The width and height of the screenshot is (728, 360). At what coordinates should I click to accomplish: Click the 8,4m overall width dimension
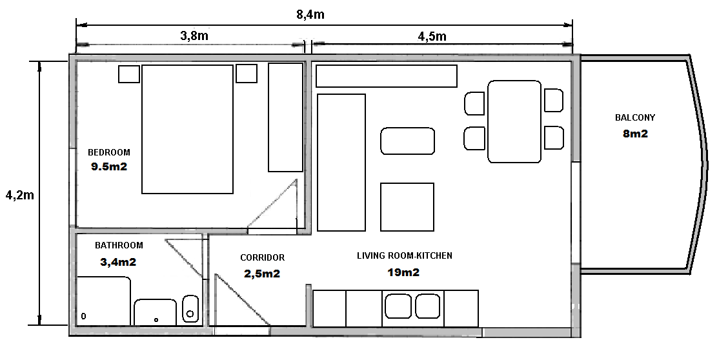pos(310,14)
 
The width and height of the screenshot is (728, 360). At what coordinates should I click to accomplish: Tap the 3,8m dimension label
pos(194,36)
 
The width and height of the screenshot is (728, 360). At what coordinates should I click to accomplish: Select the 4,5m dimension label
pos(432,37)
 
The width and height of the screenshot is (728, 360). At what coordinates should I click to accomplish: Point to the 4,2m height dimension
pos(19,195)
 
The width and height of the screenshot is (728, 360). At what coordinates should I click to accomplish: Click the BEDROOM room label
pos(109,152)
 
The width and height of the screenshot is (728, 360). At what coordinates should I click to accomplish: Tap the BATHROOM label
pos(119,245)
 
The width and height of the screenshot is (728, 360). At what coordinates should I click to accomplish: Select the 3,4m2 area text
pos(118,262)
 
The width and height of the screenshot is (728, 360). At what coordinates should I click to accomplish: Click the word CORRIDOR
pos(262,257)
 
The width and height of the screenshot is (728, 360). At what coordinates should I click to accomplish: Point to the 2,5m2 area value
pos(262,274)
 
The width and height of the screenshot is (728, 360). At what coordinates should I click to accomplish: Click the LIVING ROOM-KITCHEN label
pos(405,255)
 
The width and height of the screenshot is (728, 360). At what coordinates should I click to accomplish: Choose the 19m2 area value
pos(403,272)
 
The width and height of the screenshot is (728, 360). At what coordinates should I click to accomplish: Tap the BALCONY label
pos(634,118)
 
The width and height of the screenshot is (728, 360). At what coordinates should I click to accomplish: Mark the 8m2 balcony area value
pos(635,134)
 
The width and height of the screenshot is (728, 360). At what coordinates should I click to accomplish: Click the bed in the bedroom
pos(187,129)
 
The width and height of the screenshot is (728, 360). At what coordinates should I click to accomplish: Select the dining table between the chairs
pos(514,121)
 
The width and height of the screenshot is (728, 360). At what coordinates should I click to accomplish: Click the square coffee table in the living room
pos(407,207)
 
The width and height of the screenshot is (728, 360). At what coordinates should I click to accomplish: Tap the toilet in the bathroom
pos(190,310)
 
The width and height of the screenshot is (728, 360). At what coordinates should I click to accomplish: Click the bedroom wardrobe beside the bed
pos(285,117)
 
